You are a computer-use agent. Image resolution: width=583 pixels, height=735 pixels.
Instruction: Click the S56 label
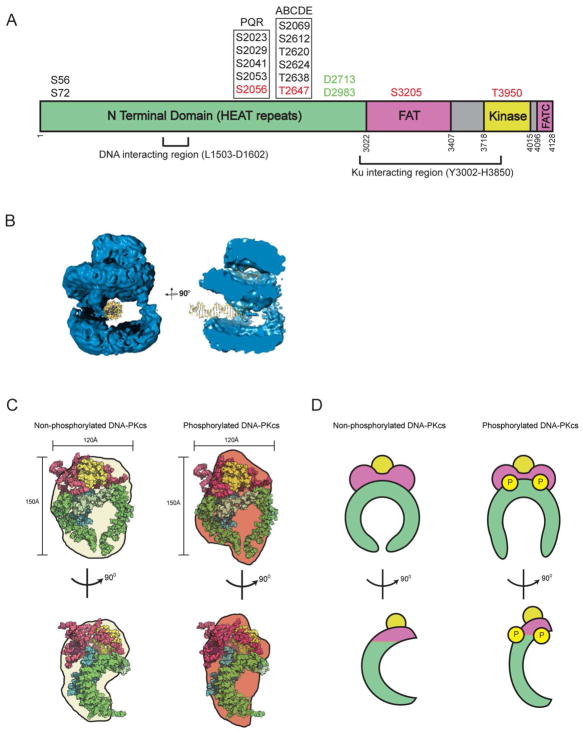[x=62, y=77]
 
